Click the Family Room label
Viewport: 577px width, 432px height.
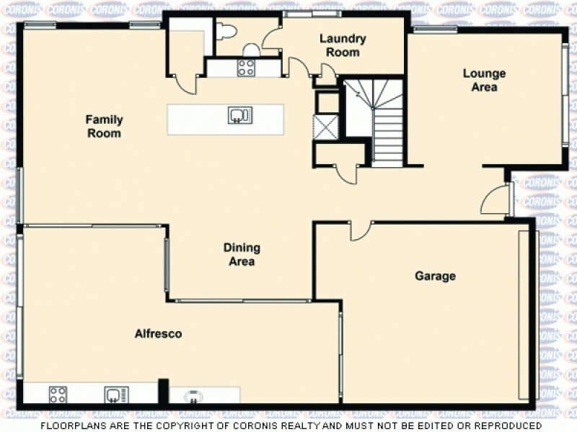click(105, 127)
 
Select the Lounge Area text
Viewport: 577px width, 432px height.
click(484, 80)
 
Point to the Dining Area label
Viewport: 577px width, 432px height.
click(242, 255)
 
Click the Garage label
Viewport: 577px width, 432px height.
click(435, 276)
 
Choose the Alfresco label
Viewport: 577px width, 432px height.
click(158, 334)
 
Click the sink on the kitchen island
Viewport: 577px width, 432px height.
click(240, 115)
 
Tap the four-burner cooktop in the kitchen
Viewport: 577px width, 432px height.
click(246, 68)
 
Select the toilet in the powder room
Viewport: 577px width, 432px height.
click(226, 31)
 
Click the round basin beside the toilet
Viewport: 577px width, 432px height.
click(251, 50)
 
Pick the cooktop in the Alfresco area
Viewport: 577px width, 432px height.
click(58, 395)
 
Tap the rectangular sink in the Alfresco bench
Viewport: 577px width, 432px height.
click(116, 395)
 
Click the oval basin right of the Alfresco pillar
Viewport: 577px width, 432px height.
click(193, 395)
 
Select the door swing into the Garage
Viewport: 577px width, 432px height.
click(360, 231)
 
